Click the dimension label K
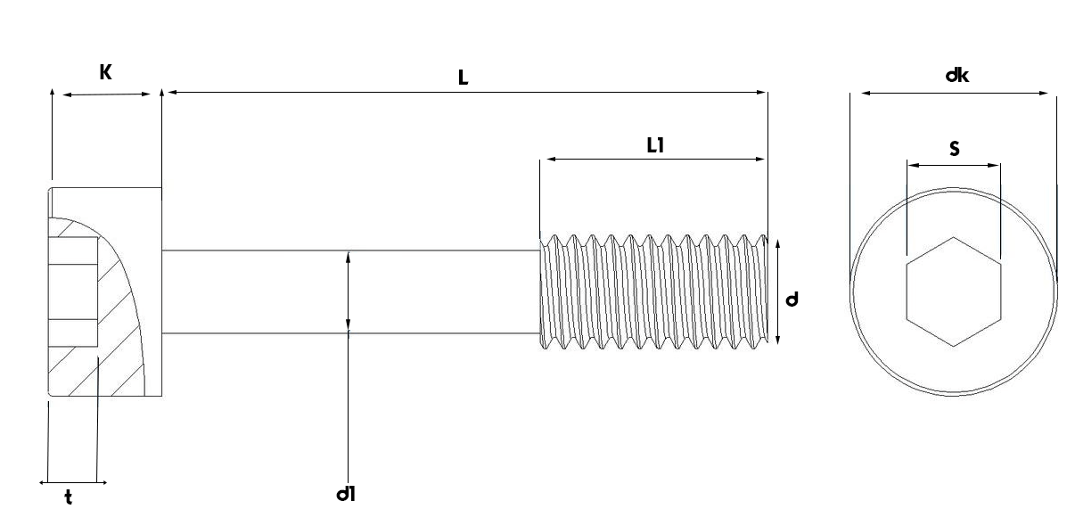click(105, 73)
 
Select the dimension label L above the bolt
click(463, 78)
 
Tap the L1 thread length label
click(655, 144)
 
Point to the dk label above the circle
click(957, 76)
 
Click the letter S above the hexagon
click(955, 149)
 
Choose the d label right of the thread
click(792, 300)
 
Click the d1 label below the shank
click(347, 493)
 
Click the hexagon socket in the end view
click(953, 291)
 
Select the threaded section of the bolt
click(653, 291)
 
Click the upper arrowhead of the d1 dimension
click(348, 256)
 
